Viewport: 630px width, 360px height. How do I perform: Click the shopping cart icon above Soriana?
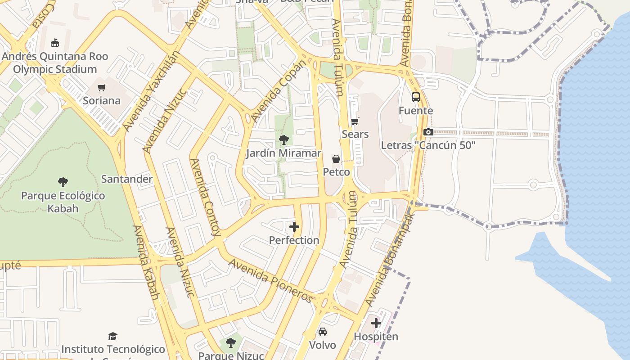102,87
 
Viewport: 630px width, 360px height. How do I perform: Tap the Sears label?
355,134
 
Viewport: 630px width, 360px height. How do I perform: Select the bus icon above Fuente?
416,97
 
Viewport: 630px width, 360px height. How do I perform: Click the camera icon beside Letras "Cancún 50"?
428,132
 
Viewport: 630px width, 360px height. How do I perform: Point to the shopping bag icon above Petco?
336,159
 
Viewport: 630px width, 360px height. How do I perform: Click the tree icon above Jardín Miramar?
283,140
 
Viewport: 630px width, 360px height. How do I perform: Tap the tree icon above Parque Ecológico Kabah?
63,182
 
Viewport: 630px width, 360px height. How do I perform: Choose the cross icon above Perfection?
294,227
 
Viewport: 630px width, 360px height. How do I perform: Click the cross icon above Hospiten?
376,323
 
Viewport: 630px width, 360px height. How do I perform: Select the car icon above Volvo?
323,332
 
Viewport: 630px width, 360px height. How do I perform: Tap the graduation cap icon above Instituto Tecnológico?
113,336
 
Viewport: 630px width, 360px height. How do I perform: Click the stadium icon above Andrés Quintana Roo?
55,43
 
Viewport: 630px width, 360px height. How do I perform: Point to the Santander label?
127,179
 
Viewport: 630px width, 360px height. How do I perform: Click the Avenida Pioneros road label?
271,280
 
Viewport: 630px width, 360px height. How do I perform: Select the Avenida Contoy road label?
205,197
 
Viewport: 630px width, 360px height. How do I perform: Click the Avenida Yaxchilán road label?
152,91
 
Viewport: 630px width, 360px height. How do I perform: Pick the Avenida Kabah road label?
146,262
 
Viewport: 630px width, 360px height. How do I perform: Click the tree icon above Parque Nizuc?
231,343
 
